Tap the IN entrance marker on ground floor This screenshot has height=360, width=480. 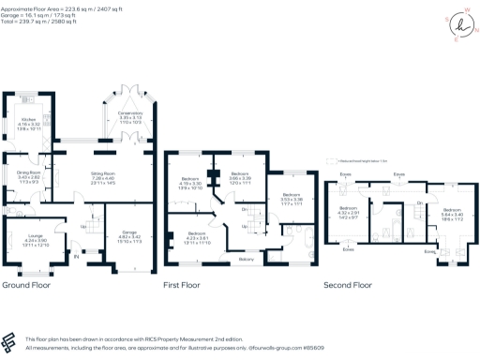tap(76, 255)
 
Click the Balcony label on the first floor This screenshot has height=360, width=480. tap(246, 258)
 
